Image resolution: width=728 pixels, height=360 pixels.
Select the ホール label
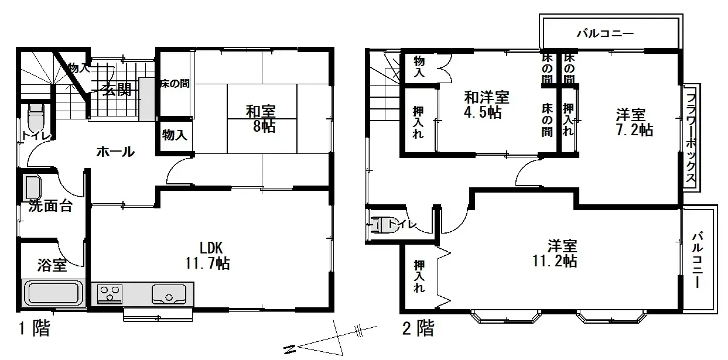pyautogui.click(x=115, y=152)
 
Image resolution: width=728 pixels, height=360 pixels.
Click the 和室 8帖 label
pyautogui.click(x=261, y=118)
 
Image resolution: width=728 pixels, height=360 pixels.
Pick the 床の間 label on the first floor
pyautogui.click(x=175, y=84)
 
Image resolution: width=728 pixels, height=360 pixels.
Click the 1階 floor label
pyautogui.click(x=34, y=328)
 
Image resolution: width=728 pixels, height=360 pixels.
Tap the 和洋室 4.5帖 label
pyautogui.click(x=486, y=104)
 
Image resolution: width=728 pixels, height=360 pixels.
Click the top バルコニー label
pyautogui.click(x=605, y=33)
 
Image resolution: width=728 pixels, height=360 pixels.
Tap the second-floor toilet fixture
pyautogui.click(x=385, y=224)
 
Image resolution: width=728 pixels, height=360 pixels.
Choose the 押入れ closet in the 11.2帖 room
pyautogui.click(x=418, y=276)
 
